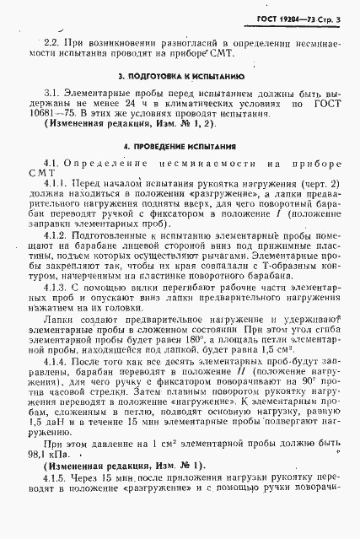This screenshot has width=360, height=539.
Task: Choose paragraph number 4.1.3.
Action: click(58, 288)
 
